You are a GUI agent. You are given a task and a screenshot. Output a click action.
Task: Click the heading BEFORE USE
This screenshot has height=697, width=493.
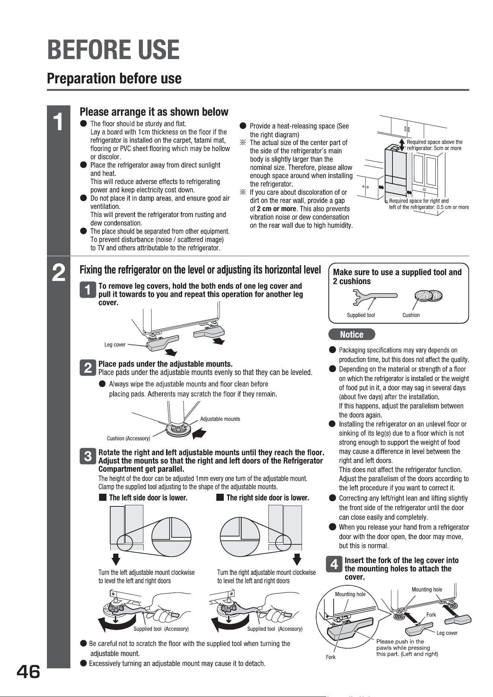pyautogui.click(x=113, y=50)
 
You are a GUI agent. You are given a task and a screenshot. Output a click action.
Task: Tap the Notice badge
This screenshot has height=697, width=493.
pyautogui.click(x=352, y=334)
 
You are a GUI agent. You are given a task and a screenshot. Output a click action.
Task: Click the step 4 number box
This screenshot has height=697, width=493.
pyautogui.click(x=334, y=565)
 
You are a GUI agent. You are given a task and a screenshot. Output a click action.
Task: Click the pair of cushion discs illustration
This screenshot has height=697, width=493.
pyautogui.click(x=428, y=296)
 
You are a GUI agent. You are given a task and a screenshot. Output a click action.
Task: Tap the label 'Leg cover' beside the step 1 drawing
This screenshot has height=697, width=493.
pyautogui.click(x=115, y=345)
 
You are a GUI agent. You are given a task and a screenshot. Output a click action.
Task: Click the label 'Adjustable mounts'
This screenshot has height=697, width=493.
pyautogui.click(x=220, y=419)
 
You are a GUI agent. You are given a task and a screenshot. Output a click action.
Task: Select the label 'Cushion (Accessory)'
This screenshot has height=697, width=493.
pyautogui.click(x=128, y=438)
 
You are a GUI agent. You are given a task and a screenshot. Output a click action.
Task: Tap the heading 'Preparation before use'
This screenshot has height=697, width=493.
pyautogui.click(x=114, y=79)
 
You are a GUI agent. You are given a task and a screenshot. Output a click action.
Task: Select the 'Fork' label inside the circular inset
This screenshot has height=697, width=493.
pyautogui.click(x=331, y=657)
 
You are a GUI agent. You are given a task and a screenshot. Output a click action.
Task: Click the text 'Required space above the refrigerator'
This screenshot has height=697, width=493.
pyautogui.click(x=435, y=145)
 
